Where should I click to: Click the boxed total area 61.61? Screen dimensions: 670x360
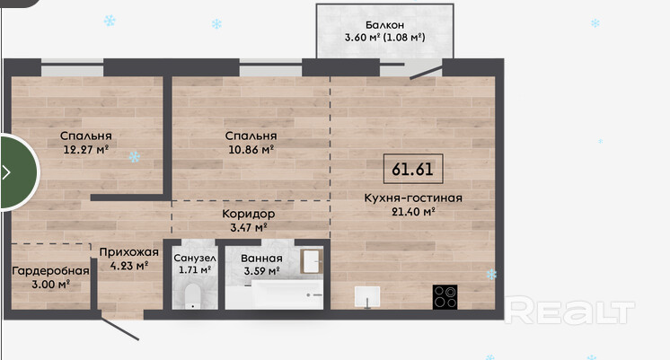pos(413,169)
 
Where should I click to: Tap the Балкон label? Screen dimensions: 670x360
pos(384,25)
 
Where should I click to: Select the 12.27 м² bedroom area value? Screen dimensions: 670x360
pos(86,149)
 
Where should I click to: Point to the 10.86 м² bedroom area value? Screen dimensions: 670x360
pos(251,149)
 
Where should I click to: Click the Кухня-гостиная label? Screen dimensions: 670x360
pos(413,198)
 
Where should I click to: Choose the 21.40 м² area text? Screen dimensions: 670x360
pos(413,211)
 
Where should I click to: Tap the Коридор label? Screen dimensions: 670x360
pos(249,214)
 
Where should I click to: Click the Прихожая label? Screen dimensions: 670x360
pos(129,252)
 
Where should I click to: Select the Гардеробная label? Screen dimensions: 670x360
pos(50,271)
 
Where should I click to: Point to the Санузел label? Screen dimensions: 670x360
pos(195,259)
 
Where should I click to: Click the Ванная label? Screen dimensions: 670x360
pos(261,259)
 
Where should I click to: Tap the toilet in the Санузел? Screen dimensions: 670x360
pos(193,296)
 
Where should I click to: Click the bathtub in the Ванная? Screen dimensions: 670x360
pos(274,294)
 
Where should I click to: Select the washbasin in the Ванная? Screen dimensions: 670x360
pos(312,261)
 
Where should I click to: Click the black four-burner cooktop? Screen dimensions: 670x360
pos(445,297)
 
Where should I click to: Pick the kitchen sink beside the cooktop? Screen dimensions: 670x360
pos(367,296)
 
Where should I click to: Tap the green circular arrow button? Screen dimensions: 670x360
pos(18,172)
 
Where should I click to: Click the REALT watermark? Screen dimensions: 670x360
pos(569,311)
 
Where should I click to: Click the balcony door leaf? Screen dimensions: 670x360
pos(426,72)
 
